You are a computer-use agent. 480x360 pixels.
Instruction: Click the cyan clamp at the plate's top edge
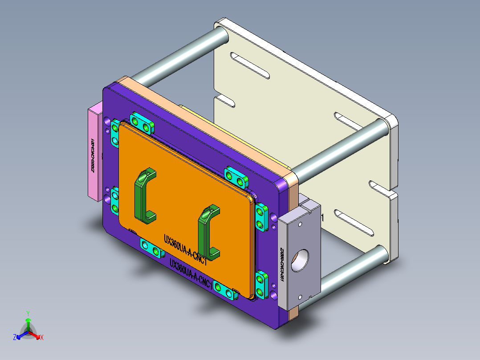pos(142,123)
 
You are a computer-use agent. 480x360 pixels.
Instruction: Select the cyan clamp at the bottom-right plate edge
pos(225,290)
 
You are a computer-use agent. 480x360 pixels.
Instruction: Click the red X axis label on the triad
pos(42,338)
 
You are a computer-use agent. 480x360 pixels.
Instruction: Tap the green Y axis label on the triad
pos(28,313)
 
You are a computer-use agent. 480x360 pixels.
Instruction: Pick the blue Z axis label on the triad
pos(15,337)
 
